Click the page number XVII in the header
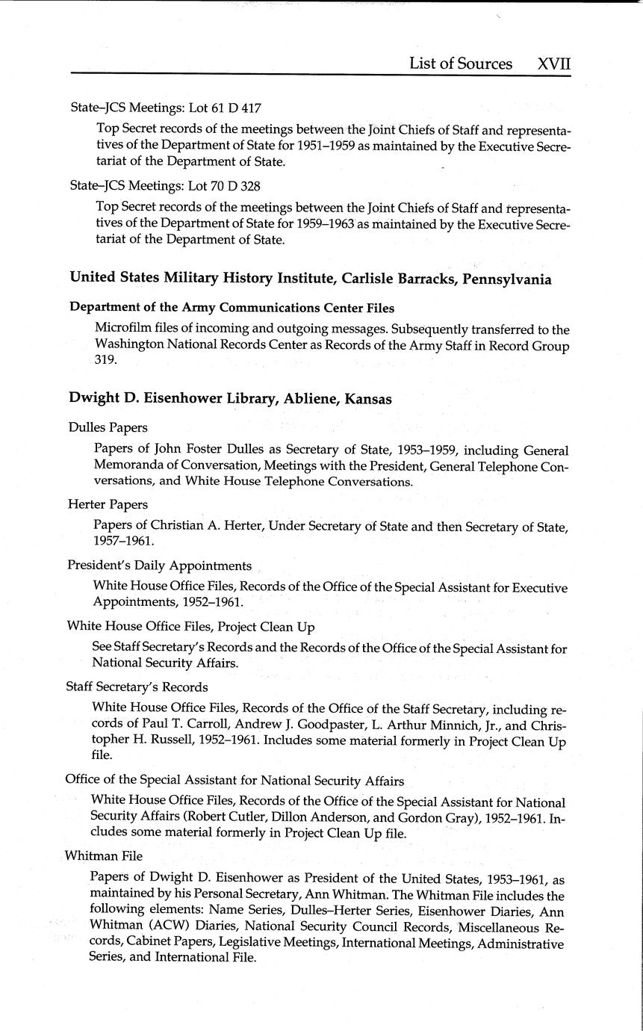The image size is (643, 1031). click(553, 64)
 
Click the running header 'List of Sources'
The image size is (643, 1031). click(460, 64)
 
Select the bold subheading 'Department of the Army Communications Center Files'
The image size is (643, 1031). click(232, 308)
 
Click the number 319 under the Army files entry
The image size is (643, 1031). click(106, 359)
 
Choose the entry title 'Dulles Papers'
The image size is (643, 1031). click(108, 427)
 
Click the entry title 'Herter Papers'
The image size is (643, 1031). click(108, 504)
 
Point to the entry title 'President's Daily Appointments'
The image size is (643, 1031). click(159, 566)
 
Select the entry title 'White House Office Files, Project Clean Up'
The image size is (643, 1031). click(190, 626)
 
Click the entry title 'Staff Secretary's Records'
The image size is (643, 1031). click(137, 687)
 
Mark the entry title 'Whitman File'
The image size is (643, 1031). click(103, 855)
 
